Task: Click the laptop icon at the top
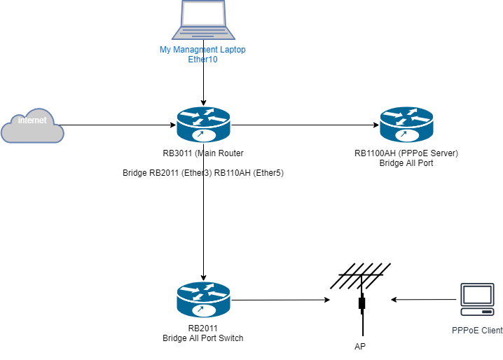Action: click(x=203, y=21)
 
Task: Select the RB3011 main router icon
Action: click(x=203, y=125)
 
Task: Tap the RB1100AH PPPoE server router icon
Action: click(x=407, y=125)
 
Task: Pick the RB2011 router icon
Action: click(x=203, y=300)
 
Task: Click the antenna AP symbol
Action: click(x=361, y=294)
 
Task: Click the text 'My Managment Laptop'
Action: click(x=203, y=50)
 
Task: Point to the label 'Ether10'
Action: click(x=203, y=60)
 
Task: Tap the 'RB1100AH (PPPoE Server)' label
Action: click(x=406, y=153)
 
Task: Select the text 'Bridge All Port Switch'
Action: click(x=203, y=338)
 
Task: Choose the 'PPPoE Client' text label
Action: click(x=476, y=330)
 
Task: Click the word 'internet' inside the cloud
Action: click(x=32, y=120)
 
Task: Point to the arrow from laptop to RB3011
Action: click(x=203, y=84)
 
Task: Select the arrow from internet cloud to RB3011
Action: click(x=119, y=126)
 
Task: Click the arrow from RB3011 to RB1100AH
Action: click(x=305, y=126)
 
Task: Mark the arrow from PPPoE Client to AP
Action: click(x=424, y=300)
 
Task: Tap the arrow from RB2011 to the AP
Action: click(x=280, y=300)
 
